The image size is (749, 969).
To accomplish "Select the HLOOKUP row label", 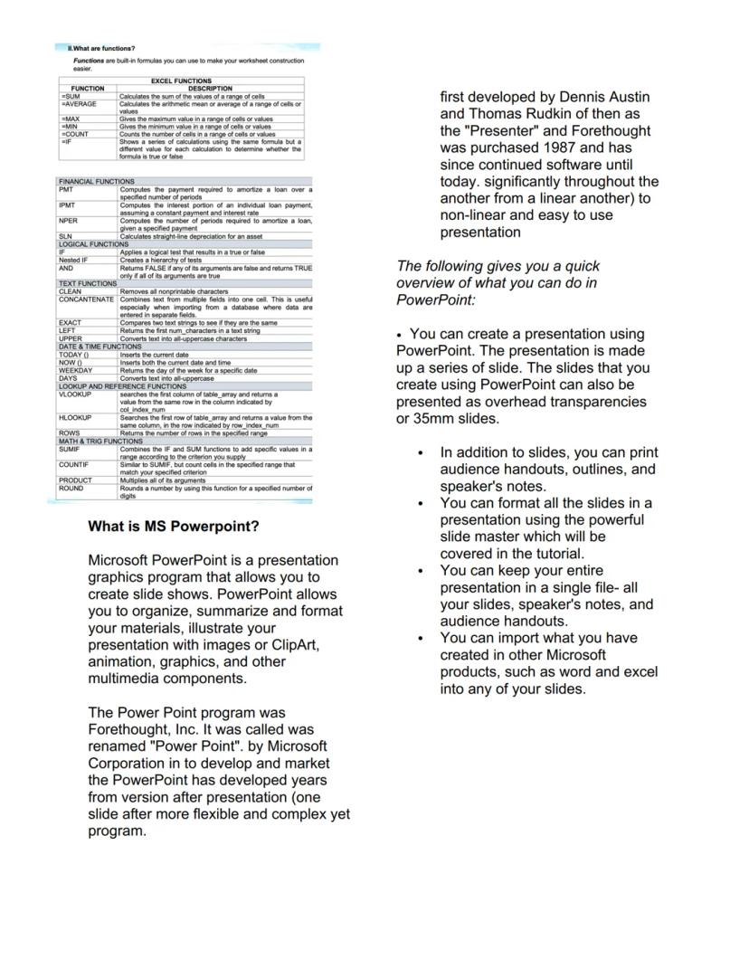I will (75, 418).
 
